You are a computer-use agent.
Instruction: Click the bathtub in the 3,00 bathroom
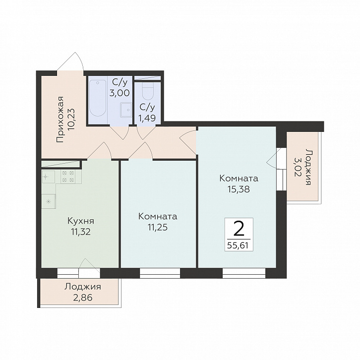coord(98,98)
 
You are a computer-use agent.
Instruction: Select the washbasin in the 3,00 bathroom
coord(126,110)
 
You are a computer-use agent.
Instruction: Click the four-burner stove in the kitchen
coord(68,177)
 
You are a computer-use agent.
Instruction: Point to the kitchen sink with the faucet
coord(49,177)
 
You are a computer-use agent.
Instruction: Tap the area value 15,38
coord(239,189)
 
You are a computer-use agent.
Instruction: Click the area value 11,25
coord(158,227)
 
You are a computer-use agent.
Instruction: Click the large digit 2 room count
coord(239,230)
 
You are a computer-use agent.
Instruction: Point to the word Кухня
coord(81,221)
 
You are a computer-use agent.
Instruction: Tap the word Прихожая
coord(60,120)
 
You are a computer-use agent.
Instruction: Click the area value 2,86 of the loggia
coord(83,298)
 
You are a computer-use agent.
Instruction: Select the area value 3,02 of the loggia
coord(297,167)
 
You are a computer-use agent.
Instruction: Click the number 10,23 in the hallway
coord(71,120)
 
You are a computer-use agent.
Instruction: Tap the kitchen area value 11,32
coord(81,232)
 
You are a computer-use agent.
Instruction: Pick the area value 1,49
coord(147,118)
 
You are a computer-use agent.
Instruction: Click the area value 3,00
coord(120,93)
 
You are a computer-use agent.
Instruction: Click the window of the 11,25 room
coord(160,273)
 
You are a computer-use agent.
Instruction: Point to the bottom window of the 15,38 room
coord(244,273)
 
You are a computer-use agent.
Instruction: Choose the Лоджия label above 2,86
coord(83,287)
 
